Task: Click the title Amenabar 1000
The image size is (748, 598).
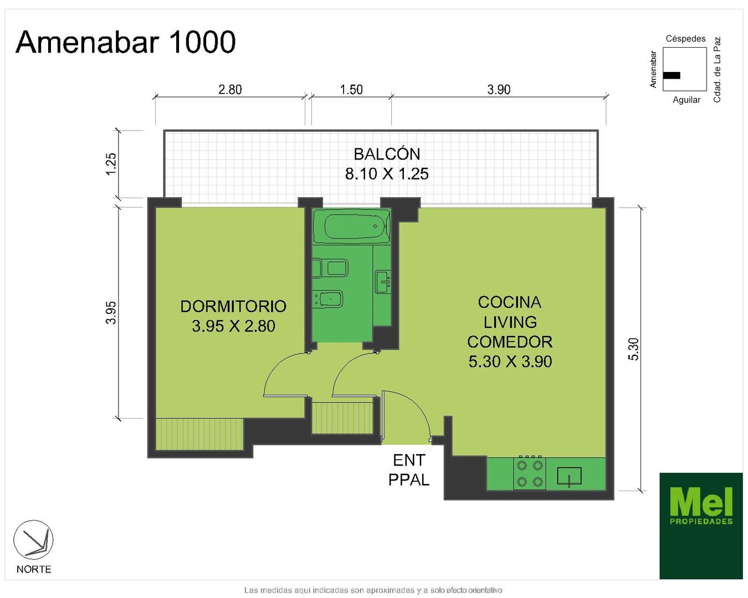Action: pos(125,42)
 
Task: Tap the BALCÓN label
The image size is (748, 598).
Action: pos(387,154)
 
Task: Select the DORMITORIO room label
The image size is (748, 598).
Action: pos(233,306)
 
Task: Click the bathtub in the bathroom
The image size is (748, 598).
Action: pos(351,226)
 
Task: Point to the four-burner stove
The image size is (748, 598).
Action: pos(529,473)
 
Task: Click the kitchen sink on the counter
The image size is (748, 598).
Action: pos(569,476)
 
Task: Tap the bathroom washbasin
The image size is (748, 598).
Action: pos(383,282)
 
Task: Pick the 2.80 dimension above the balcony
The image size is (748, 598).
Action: pos(230,90)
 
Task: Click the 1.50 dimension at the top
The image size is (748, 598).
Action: pos(351,90)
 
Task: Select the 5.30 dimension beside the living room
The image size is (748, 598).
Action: pos(634,349)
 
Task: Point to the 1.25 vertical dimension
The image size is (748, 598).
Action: pos(110,164)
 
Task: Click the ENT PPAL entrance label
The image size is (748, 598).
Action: pos(409,470)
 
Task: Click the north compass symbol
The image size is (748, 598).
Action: pos(33,540)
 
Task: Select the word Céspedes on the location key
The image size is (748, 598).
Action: pos(685,39)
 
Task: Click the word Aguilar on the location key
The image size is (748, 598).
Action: pos(686,100)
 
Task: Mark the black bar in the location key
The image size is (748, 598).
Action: pos(672,75)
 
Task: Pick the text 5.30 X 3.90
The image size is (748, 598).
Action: pos(510,362)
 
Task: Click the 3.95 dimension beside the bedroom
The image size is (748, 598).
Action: pos(110,313)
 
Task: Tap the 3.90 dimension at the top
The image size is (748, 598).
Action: pos(499,90)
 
